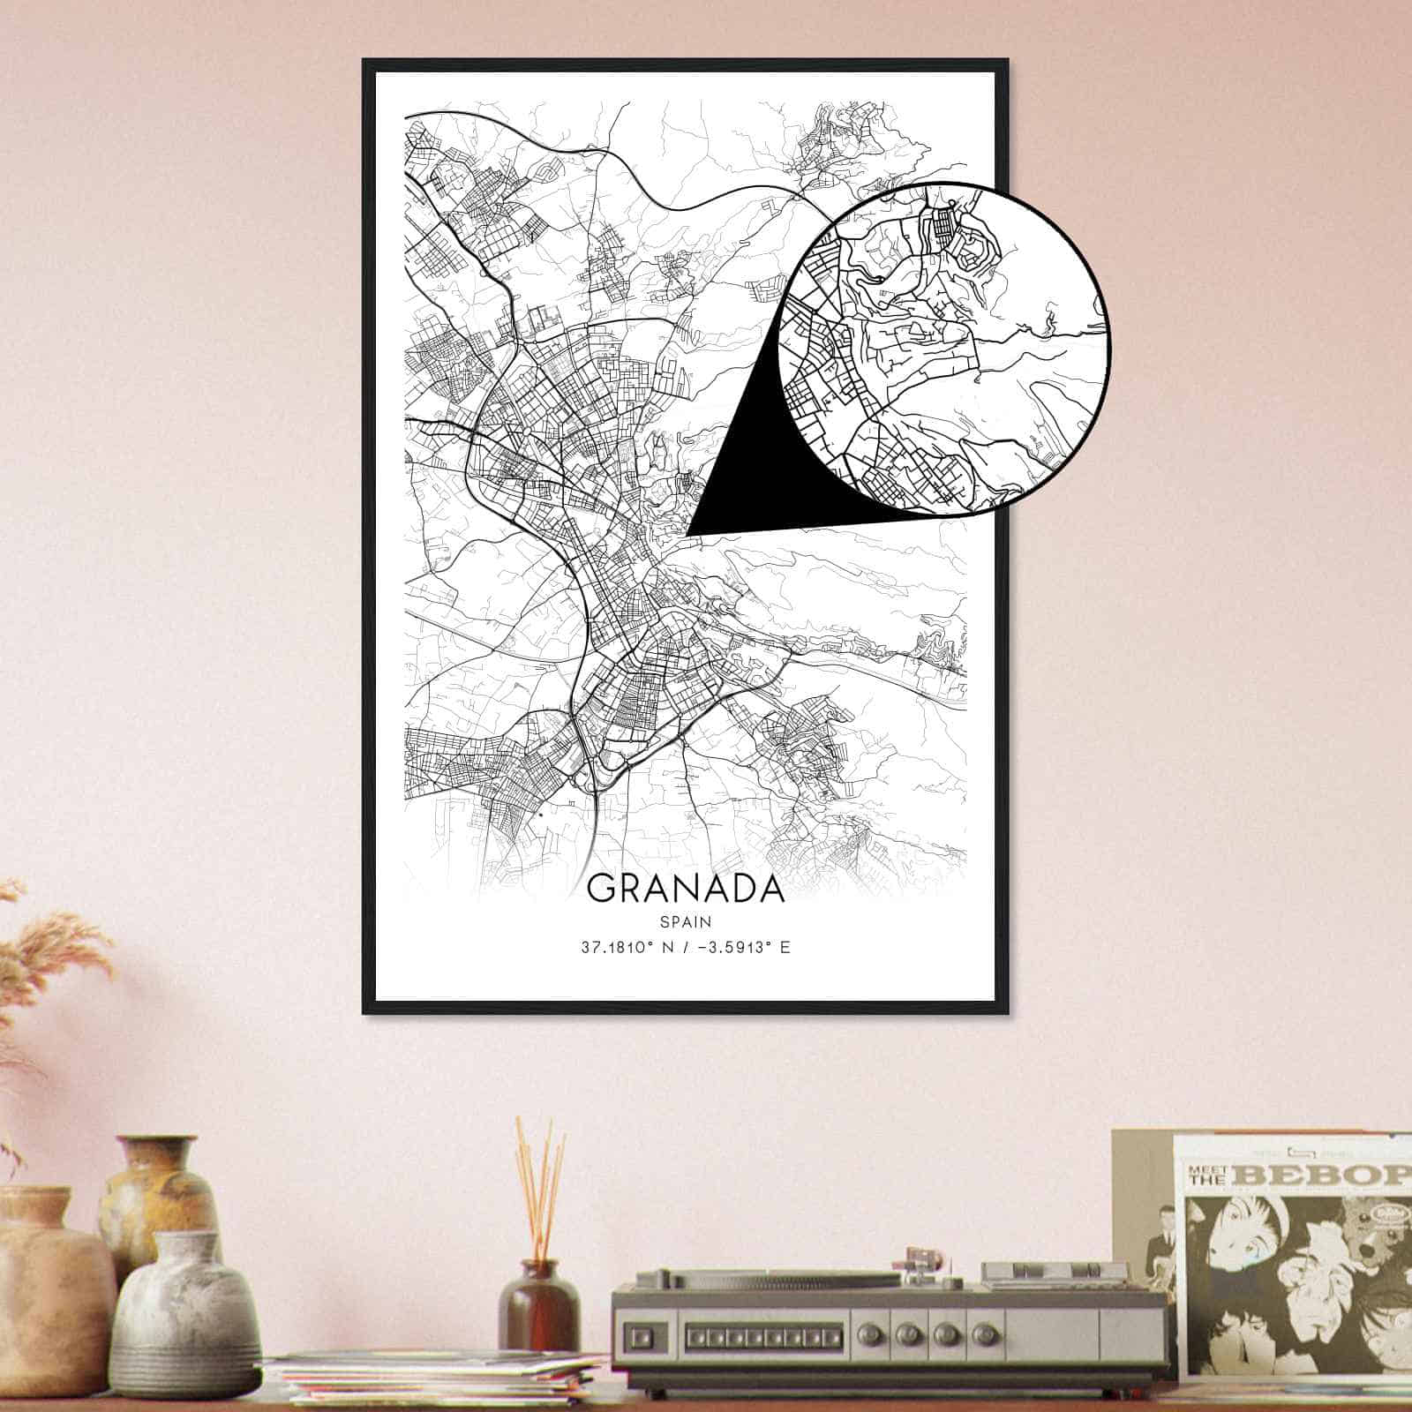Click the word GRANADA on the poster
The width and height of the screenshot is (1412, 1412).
(x=685, y=889)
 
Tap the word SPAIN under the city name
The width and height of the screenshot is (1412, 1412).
(x=685, y=920)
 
